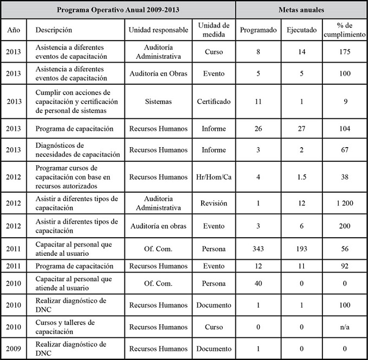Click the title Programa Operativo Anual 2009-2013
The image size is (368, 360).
(x=118, y=10)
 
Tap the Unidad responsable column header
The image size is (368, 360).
(x=158, y=30)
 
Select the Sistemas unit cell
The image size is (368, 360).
(x=158, y=101)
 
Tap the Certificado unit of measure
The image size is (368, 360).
(x=214, y=101)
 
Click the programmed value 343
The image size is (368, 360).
(x=259, y=248)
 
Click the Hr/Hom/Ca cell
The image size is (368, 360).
(x=214, y=176)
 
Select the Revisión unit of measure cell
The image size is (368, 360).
(x=214, y=203)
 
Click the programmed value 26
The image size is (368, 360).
(x=259, y=129)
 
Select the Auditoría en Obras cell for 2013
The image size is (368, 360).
(x=158, y=73)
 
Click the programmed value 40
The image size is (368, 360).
(x=259, y=283)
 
